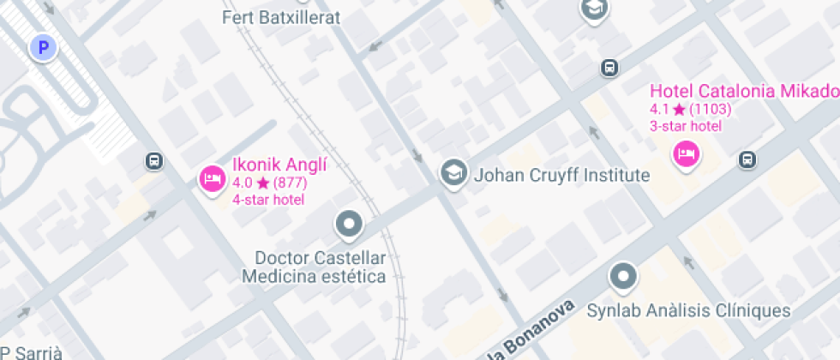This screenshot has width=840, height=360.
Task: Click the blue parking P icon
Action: tap(42, 48)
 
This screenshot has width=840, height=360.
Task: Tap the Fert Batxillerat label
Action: tap(280, 17)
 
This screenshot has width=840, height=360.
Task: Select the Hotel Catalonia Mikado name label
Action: tap(743, 92)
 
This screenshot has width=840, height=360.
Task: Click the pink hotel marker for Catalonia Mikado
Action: tap(686, 154)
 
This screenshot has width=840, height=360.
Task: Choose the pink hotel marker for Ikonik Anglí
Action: tap(212, 178)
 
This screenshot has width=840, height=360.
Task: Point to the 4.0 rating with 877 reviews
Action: tap(269, 183)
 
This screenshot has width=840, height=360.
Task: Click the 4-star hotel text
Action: tap(268, 200)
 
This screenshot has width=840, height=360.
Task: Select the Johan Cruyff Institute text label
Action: tap(561, 176)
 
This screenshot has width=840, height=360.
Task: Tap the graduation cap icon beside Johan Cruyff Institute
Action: tap(453, 173)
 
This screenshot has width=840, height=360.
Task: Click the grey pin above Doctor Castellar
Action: tap(348, 225)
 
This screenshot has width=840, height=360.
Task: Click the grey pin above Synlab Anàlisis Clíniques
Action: tap(623, 276)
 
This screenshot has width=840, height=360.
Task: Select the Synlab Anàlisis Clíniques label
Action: tap(688, 310)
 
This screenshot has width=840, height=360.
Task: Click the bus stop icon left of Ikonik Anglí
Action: tap(153, 160)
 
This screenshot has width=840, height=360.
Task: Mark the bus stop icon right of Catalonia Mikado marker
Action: tap(747, 159)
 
